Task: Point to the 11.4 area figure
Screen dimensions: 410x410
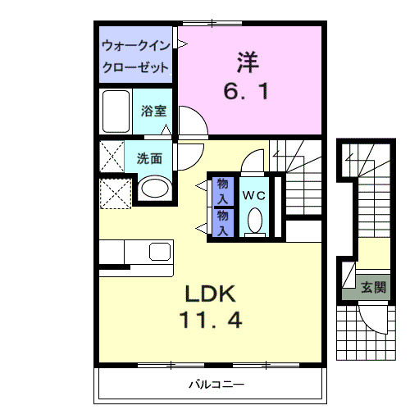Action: (211, 320)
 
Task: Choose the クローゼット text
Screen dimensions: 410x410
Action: (135, 66)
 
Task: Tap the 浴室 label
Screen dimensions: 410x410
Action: (153, 111)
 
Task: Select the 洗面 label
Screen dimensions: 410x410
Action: (148, 157)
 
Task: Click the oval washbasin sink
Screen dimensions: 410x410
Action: (153, 189)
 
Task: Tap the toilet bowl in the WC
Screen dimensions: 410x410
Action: (254, 220)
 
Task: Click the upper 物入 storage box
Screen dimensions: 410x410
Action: (221, 190)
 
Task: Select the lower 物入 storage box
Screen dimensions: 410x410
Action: (221, 221)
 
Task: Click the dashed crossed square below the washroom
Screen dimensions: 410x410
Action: (115, 194)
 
